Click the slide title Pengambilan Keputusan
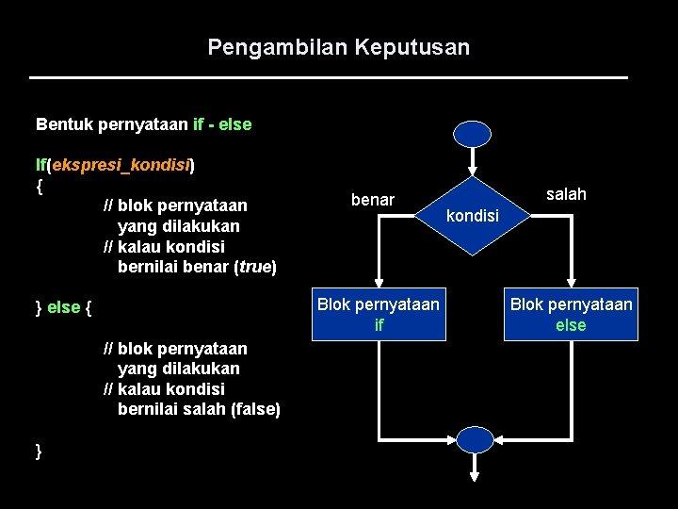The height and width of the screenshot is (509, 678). [x=338, y=47]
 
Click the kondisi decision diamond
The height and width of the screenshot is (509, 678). [x=472, y=216]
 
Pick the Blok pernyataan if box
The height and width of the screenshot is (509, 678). [x=379, y=314]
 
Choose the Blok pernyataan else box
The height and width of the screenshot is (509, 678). [x=571, y=314]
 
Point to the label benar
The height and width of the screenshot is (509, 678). [x=373, y=200]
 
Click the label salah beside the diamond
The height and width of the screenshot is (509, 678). [x=566, y=194]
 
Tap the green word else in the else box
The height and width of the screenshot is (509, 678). [x=571, y=325]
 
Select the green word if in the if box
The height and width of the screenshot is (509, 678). [x=379, y=325]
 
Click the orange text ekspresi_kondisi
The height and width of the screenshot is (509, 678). [x=121, y=165]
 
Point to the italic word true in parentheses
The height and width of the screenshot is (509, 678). [x=254, y=267]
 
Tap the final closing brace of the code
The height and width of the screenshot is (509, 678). [x=39, y=452]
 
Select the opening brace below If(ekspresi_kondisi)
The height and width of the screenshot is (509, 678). [x=39, y=186]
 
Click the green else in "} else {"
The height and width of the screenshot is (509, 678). [x=63, y=307]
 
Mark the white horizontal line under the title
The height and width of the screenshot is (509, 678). [x=329, y=77]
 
